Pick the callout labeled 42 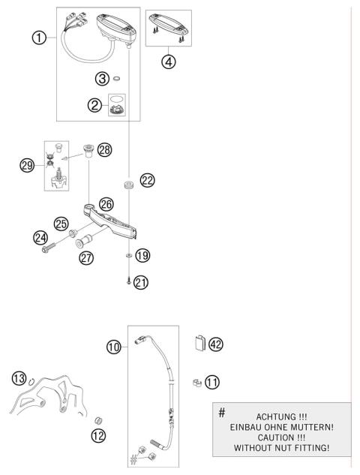point(216,344)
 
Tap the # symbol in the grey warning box point(221,413)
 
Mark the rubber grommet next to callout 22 point(129,182)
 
